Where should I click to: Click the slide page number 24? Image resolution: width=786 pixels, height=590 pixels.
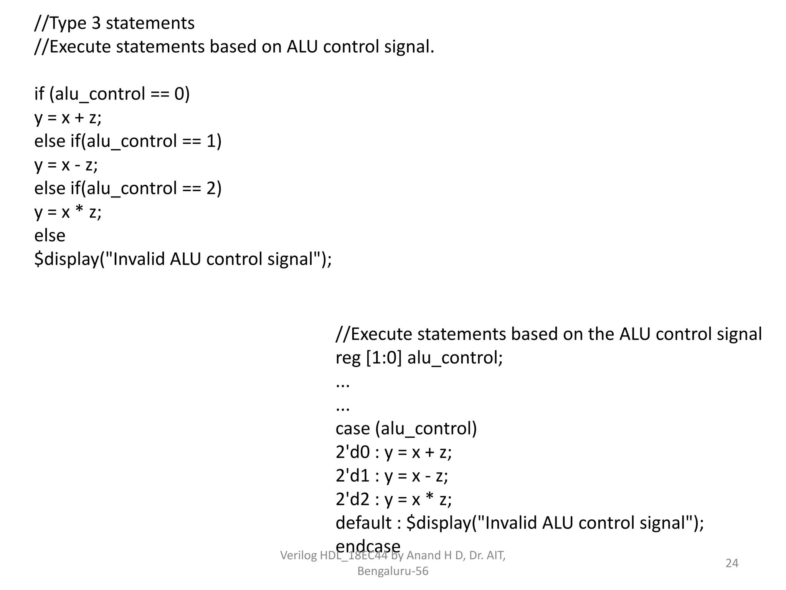point(732,563)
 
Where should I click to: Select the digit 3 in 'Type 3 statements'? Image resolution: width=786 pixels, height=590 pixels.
point(96,23)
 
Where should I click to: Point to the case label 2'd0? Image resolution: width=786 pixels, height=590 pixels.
point(352,452)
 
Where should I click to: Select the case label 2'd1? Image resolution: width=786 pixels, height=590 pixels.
point(352,476)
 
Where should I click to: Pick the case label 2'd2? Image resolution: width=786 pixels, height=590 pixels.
point(352,499)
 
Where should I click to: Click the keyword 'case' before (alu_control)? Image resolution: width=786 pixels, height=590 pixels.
point(352,429)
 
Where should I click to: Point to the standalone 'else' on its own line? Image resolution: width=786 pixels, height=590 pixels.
point(50,235)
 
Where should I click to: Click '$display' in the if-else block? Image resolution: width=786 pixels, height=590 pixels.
point(66,259)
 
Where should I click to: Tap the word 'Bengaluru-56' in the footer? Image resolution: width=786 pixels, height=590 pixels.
point(393,571)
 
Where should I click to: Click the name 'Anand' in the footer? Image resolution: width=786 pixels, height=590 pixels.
point(423,555)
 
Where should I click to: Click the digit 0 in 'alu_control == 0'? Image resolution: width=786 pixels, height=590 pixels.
point(179,94)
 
